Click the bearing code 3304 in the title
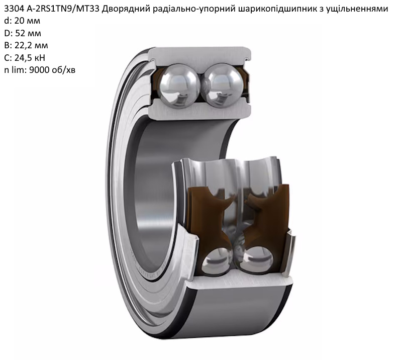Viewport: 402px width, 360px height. pos(14,9)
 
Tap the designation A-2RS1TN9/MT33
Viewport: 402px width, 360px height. pos(63,9)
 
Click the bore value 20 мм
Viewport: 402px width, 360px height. pos(27,21)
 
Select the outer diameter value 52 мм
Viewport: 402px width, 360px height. pos(28,33)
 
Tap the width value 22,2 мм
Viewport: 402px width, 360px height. pos(31,46)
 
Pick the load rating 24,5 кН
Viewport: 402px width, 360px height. pos(30,58)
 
